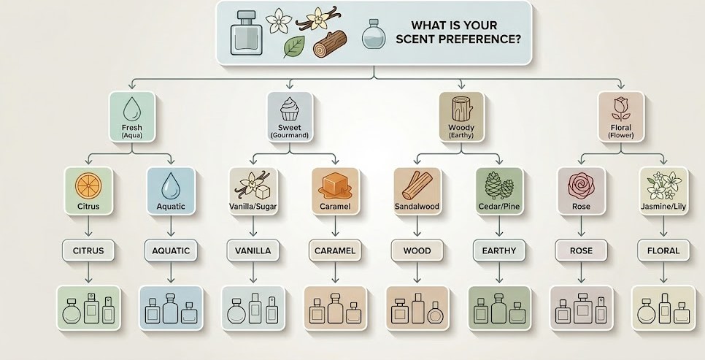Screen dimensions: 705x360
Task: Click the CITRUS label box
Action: tap(88, 250)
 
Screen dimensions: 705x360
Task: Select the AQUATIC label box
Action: tap(171, 250)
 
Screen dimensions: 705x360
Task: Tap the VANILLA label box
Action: tap(253, 250)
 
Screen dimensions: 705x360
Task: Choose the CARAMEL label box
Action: tap(335, 250)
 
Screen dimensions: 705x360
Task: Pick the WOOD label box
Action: tap(417, 250)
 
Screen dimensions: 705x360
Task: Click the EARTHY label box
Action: tap(499, 250)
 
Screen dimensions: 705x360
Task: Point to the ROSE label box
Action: tap(582, 250)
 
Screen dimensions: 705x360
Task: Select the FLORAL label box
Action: tap(663, 250)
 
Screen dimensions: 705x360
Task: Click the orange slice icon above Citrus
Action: tap(88, 185)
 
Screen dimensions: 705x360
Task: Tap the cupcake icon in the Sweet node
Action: tap(290, 110)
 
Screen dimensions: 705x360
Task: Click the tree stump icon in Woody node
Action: tap(461, 110)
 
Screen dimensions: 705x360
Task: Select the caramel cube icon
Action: tap(335, 186)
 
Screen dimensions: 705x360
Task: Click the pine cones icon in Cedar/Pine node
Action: tap(499, 185)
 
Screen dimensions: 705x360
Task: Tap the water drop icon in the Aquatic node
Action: tap(171, 186)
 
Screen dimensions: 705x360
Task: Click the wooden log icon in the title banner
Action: tap(330, 44)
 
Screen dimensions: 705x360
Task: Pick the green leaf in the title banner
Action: tap(293, 47)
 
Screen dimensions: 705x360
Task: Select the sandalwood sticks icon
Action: tap(417, 185)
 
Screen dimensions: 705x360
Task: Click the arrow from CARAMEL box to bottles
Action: tap(335, 272)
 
